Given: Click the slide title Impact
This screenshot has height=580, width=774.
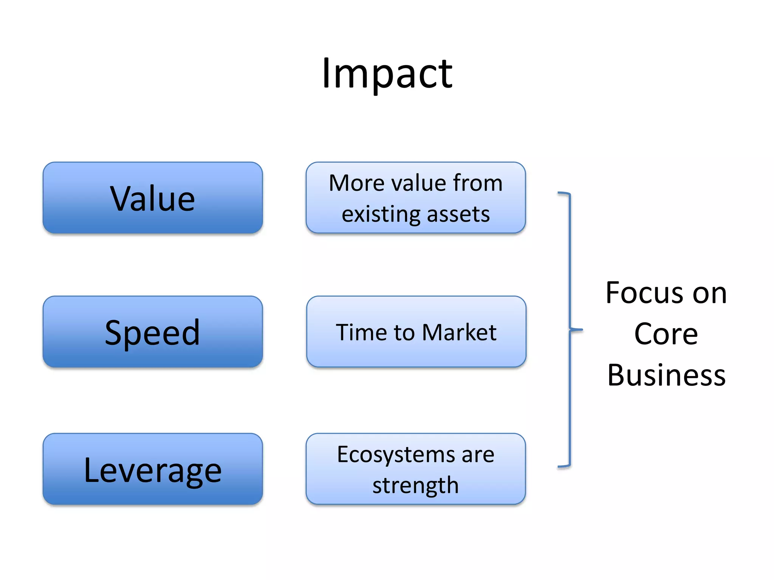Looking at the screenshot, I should [x=387, y=73].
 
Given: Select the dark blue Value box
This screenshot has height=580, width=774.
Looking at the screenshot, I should [x=153, y=198].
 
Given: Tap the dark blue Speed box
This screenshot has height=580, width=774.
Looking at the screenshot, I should [x=153, y=332].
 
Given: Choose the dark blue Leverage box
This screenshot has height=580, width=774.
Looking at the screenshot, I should [x=153, y=469].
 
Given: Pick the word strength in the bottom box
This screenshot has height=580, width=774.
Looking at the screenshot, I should [x=415, y=486].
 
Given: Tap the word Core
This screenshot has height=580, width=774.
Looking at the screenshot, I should [x=666, y=334].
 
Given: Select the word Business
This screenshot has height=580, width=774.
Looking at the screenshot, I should [x=666, y=375].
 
